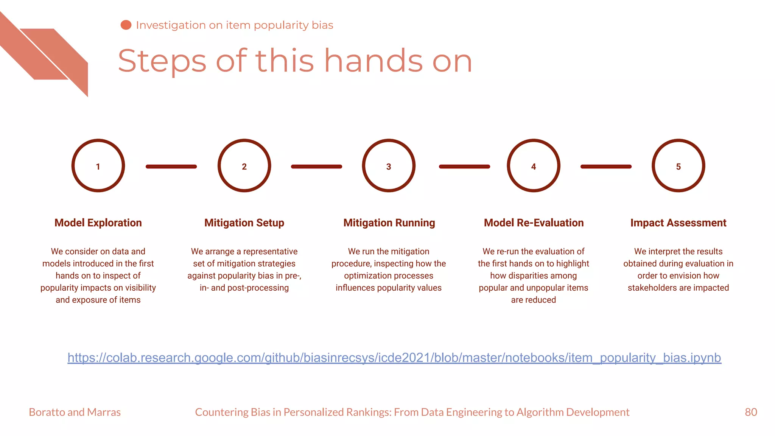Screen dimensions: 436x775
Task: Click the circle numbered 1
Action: (98, 166)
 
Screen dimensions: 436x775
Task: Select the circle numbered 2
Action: (244, 166)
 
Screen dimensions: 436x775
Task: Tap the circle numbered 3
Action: (389, 166)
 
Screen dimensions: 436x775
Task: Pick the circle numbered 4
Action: (534, 166)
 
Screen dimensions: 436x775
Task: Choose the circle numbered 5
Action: (678, 166)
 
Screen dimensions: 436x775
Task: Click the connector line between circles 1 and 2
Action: (171, 167)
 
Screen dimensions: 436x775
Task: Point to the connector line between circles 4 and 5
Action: (606, 167)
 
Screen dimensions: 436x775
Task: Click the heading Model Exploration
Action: (98, 223)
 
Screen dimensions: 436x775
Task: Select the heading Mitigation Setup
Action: (244, 223)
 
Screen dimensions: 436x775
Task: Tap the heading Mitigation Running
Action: (389, 223)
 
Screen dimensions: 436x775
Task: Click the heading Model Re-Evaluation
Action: (534, 223)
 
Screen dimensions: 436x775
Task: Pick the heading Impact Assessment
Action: (678, 223)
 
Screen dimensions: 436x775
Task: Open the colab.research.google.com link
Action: (394, 358)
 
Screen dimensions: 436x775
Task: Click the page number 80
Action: (751, 412)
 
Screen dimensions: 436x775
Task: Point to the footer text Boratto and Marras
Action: (75, 412)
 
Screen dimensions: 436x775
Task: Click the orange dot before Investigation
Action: (126, 25)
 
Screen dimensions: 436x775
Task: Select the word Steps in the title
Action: (162, 61)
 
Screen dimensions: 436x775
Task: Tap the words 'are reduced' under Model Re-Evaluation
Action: (534, 300)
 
